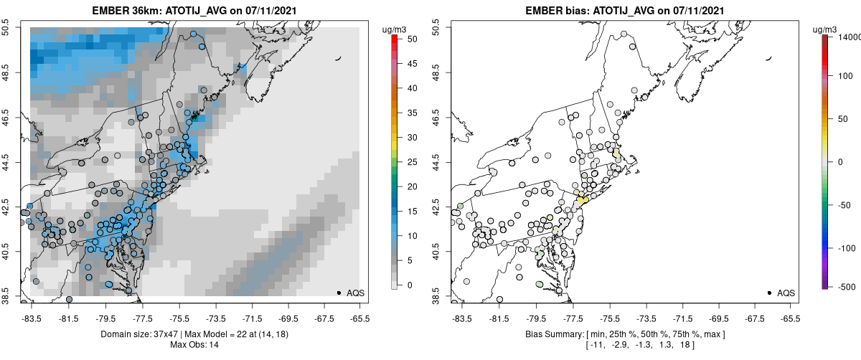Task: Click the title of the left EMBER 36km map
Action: [x=197, y=11]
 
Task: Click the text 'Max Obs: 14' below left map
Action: [x=197, y=345]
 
